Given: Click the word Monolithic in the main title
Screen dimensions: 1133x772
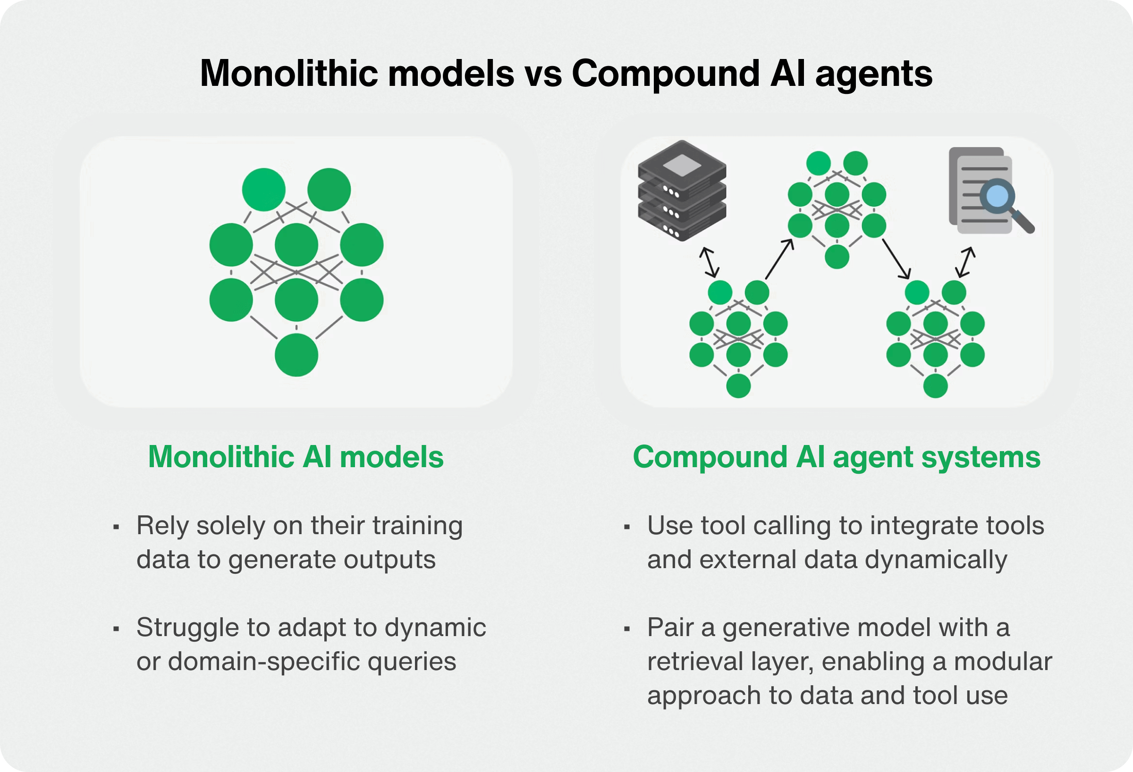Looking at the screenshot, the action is pyautogui.click(x=289, y=73).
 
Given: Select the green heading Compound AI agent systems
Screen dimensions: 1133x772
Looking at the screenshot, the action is pyautogui.click(x=837, y=458).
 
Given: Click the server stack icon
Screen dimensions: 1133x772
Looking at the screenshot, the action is pyautogui.click(x=682, y=191).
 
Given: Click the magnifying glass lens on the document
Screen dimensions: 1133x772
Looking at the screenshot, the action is pyautogui.click(x=997, y=196).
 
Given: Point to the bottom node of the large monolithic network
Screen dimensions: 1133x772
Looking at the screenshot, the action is pyautogui.click(x=296, y=355).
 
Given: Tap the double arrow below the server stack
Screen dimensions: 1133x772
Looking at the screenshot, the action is pyautogui.click(x=710, y=262).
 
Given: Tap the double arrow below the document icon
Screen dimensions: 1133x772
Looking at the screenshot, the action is pyautogui.click(x=965, y=262).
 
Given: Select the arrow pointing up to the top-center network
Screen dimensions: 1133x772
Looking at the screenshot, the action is pyautogui.click(x=779, y=259).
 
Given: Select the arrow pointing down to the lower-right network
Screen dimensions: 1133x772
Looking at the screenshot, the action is pyautogui.click(x=896, y=259).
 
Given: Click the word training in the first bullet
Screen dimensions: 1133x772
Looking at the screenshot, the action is pyautogui.click(x=417, y=526).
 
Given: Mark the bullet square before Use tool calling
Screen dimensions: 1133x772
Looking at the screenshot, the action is pyautogui.click(x=627, y=527).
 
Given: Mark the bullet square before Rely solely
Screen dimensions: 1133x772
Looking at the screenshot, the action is pyautogui.click(x=116, y=527).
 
